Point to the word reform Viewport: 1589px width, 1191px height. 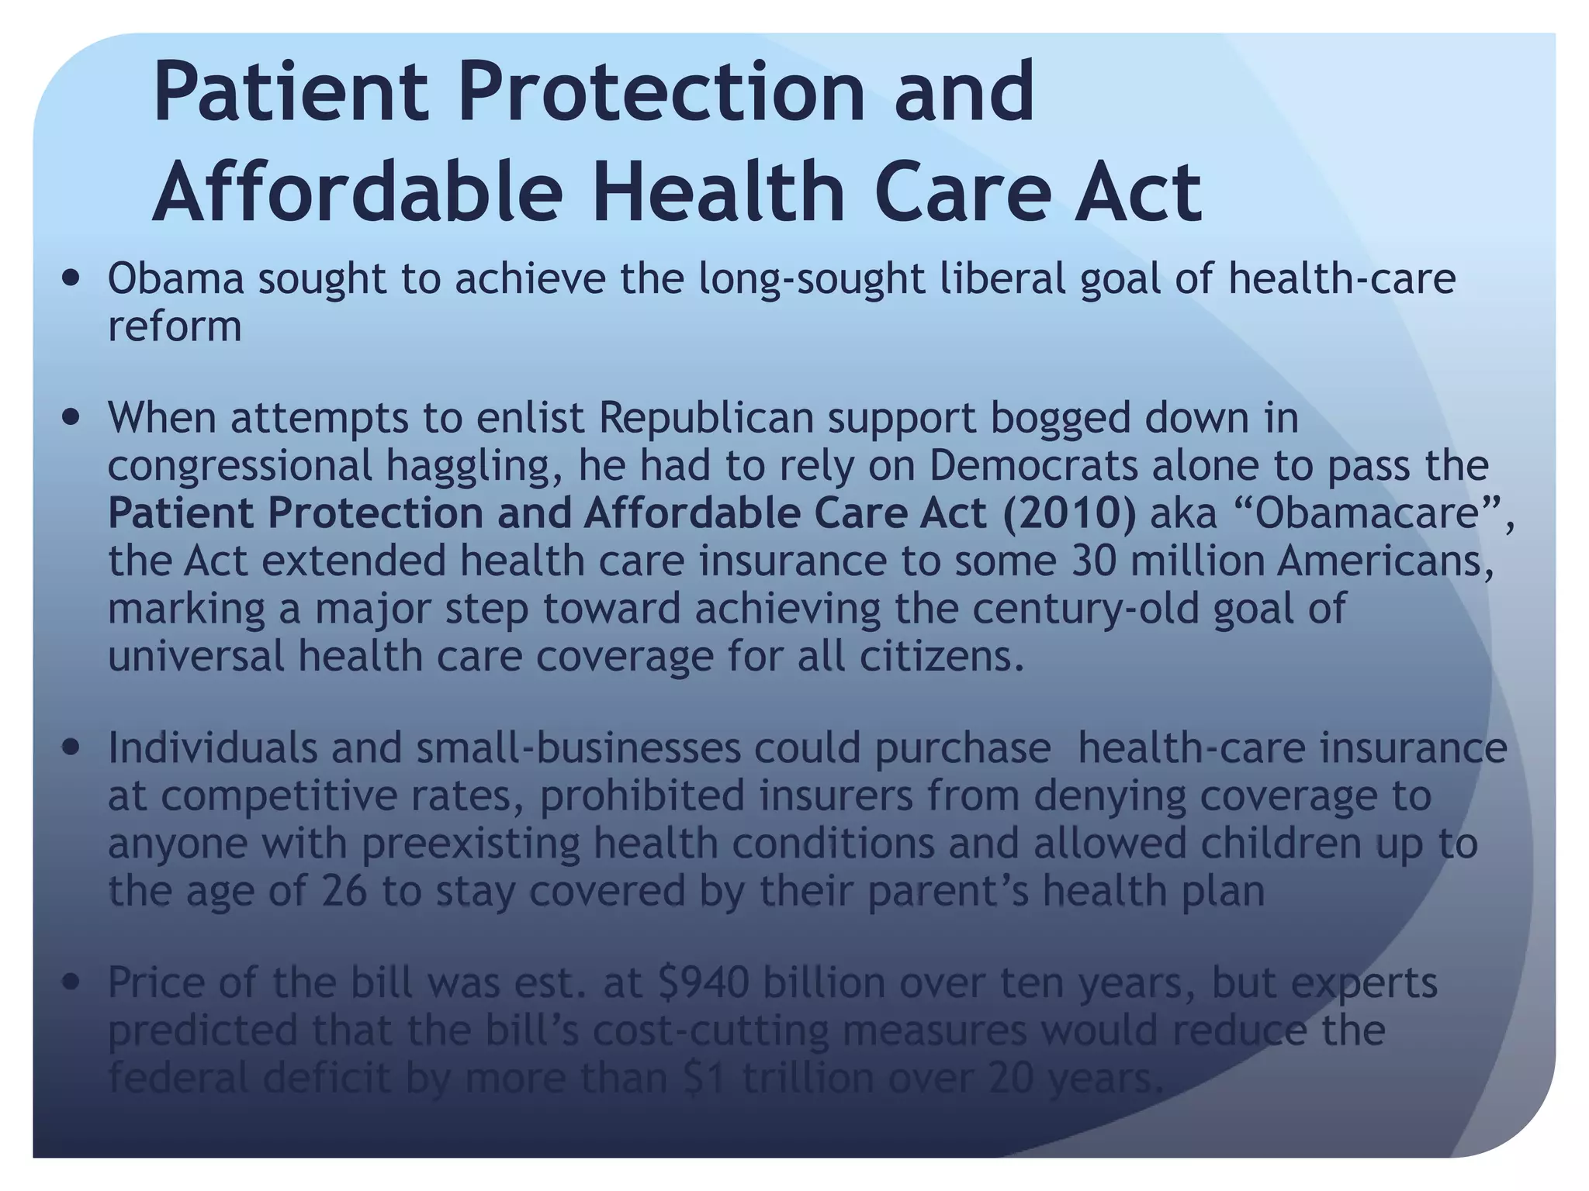175,327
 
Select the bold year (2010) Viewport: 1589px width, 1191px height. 1069,515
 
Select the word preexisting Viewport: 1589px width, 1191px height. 470,844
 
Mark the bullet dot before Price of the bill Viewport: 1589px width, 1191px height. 72,984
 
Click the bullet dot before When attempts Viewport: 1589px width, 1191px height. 72,419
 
